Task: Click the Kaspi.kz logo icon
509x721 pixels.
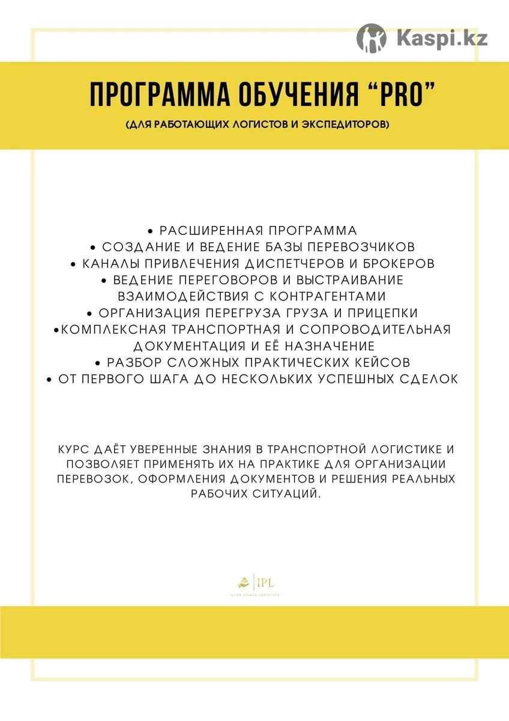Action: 372,37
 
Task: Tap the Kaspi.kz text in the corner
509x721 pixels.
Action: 442,38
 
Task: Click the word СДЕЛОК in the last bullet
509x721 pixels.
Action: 429,379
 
